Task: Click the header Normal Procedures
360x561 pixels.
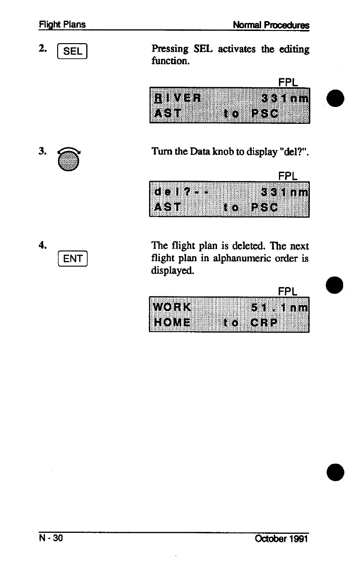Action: click(271, 24)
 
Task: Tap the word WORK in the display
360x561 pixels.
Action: click(172, 308)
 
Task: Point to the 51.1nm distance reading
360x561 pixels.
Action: click(280, 308)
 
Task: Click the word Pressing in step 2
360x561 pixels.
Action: click(170, 49)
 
